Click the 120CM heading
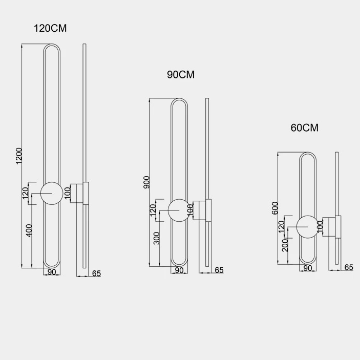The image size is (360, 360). [50, 29]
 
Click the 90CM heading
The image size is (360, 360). [181, 75]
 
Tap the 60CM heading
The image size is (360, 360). [305, 128]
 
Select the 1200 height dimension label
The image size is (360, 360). [19, 156]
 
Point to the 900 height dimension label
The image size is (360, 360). [146, 182]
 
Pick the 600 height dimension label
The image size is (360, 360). [275, 208]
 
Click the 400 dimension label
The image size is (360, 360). [29, 230]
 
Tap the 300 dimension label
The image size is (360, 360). [157, 238]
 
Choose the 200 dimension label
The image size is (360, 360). [285, 245]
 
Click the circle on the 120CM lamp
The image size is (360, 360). [52, 182]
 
